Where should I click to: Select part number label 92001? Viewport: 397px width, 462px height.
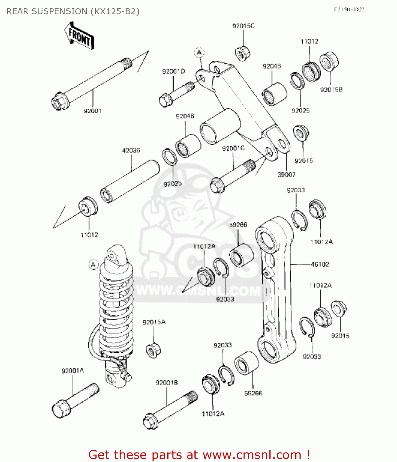[x=93, y=111]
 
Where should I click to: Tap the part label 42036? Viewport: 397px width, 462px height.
[x=131, y=150]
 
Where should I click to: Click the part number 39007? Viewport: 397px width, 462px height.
[x=286, y=175]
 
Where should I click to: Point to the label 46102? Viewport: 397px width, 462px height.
[x=320, y=264]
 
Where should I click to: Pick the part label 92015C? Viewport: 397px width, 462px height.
[x=243, y=26]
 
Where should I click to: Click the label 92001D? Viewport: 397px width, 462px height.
[x=173, y=71]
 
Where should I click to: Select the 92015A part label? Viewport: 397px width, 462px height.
[x=154, y=322]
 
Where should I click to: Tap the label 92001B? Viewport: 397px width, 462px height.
[x=167, y=383]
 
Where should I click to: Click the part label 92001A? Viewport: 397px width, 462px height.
[x=73, y=371]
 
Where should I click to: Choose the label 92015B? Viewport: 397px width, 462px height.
[x=331, y=90]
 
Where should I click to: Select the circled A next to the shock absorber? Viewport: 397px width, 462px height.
[x=93, y=265]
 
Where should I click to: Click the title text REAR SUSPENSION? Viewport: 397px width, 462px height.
[x=73, y=11]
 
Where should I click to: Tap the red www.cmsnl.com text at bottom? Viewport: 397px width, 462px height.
[x=252, y=455]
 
